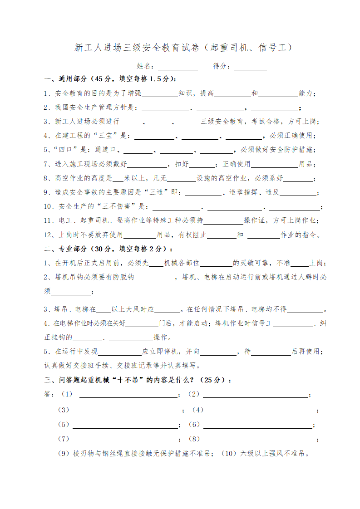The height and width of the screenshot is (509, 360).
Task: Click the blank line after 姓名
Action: (178, 67)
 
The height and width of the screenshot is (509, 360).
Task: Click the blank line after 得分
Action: (250, 67)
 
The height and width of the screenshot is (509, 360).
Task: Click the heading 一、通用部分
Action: (108, 79)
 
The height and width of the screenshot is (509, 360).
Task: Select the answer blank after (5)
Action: (125, 426)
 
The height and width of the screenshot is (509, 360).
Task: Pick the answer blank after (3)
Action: (127, 411)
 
